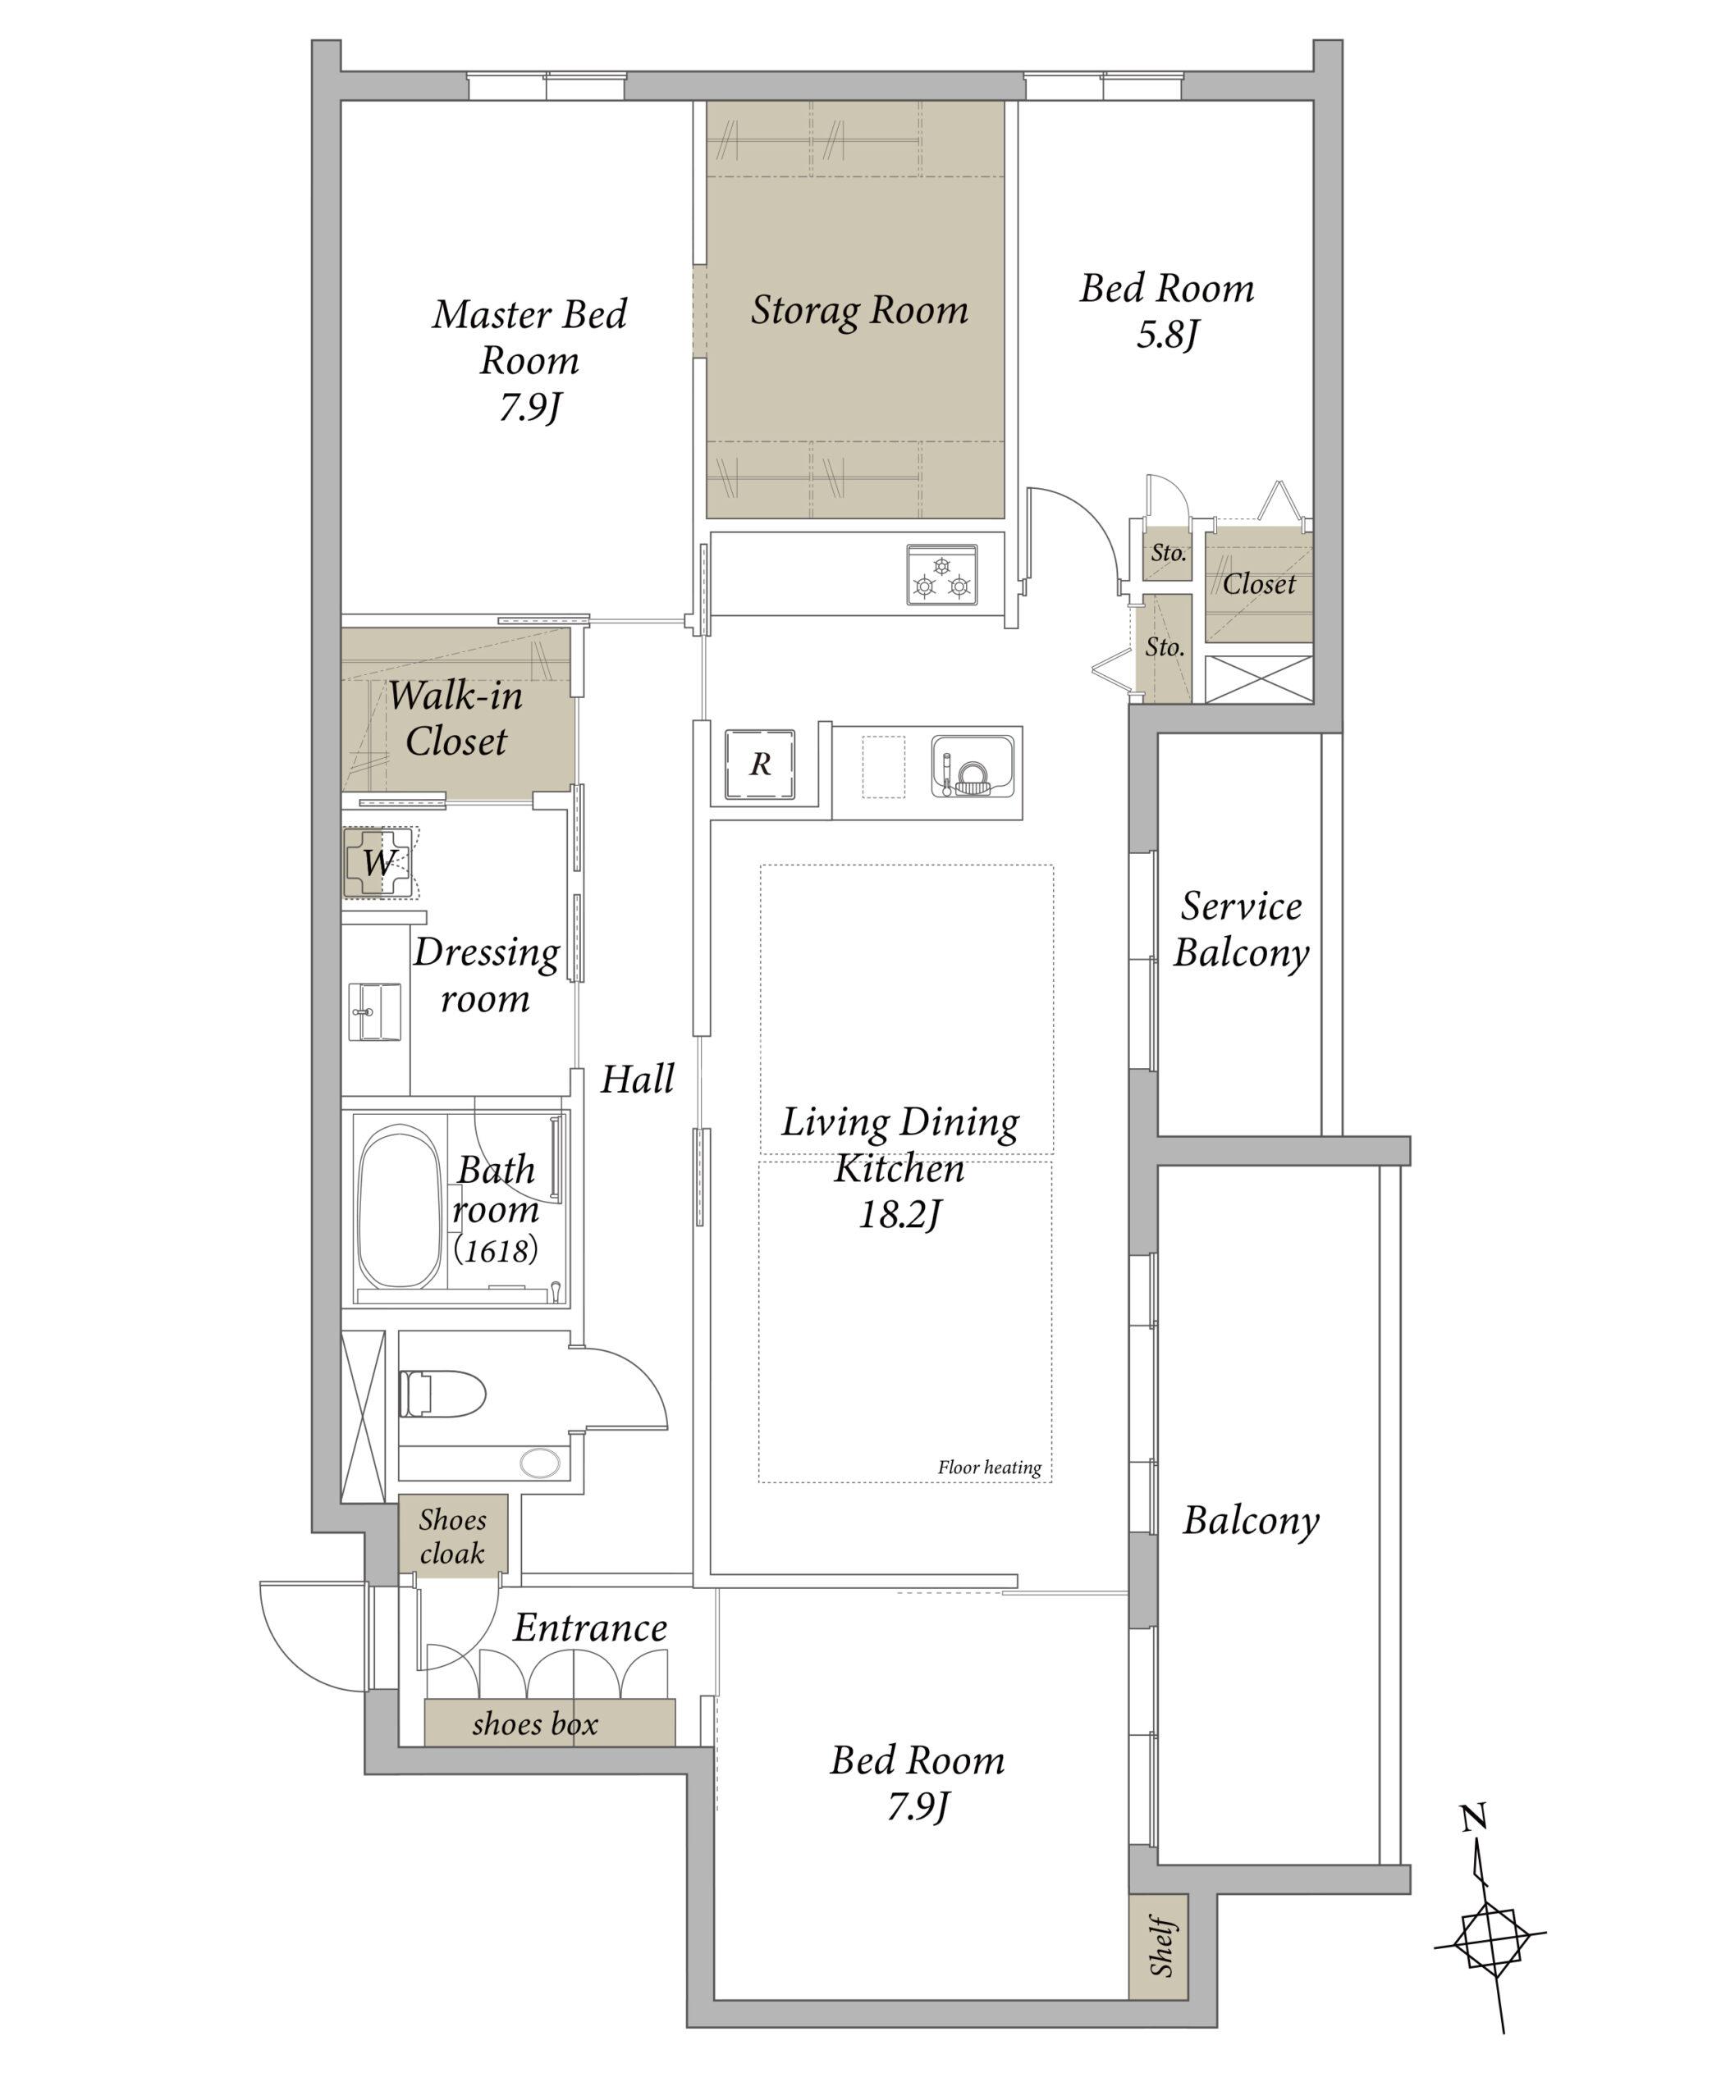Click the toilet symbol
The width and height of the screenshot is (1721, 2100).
[x=442, y=1394]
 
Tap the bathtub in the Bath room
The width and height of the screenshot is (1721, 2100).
[x=399, y=1206]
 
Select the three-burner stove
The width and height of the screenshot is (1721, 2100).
[x=941, y=575]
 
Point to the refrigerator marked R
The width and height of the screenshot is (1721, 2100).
[x=759, y=764]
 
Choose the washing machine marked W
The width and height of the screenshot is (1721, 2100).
[x=378, y=862]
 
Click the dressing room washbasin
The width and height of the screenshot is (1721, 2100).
[x=376, y=1011]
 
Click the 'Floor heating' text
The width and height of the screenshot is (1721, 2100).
[x=990, y=1468]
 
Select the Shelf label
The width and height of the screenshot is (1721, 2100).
[x=1162, y=1948]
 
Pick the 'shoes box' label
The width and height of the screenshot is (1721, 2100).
[x=535, y=1724]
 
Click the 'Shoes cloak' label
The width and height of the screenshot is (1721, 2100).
[x=452, y=1536]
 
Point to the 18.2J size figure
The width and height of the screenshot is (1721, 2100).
[x=899, y=1215]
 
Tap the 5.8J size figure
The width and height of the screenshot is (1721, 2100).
[x=1167, y=335]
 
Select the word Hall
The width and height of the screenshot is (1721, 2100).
[x=638, y=1080]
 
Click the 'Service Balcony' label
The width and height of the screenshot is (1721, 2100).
[x=1241, y=929]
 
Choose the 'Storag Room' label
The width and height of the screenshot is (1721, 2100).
[x=859, y=311]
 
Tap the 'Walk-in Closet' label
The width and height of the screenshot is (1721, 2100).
[x=456, y=719]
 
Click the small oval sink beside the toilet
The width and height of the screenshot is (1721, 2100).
[x=539, y=1463]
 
